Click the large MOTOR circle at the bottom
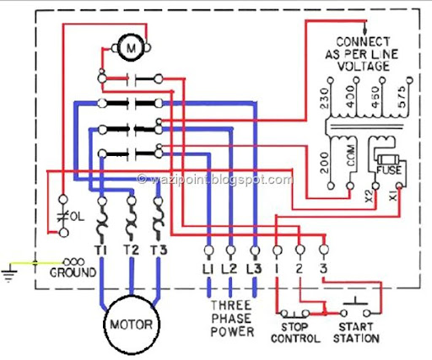pyautogui.click(x=104, y=325)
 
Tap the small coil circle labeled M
pyautogui.click(x=131, y=48)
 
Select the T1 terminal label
pyautogui.click(x=101, y=250)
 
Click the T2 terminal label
pyautogui.click(x=131, y=250)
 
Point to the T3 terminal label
pyautogui.click(x=159, y=250)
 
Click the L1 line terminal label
pyautogui.click(x=208, y=269)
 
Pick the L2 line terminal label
pyautogui.click(x=229, y=269)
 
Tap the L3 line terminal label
pyautogui.click(x=255, y=269)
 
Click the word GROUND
pyautogui.click(x=73, y=272)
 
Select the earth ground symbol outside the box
pyautogui.click(x=9, y=272)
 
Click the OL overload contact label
pyautogui.click(x=77, y=217)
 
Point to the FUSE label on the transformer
pyautogui.click(x=389, y=170)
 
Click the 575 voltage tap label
pyautogui.click(x=402, y=97)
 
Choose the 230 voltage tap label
pyautogui.click(x=325, y=99)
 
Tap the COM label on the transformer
pyautogui.click(x=351, y=155)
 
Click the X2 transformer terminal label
pyautogui.click(x=369, y=196)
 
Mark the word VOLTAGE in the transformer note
pyautogui.click(x=364, y=67)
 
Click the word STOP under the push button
pyautogui.click(x=294, y=327)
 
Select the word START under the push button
pyautogui.click(x=356, y=327)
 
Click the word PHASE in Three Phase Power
pyautogui.click(x=231, y=319)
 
